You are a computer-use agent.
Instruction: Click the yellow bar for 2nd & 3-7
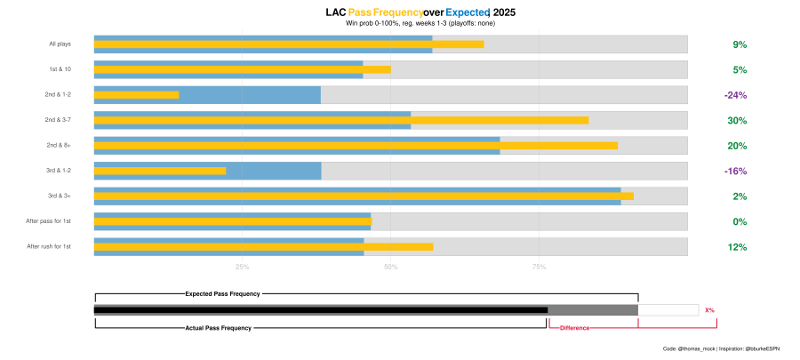340,120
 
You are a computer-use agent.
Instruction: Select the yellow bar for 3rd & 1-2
160,171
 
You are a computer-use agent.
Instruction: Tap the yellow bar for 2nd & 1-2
136,95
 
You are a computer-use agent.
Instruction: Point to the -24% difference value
735,95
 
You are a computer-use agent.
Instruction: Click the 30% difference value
737,121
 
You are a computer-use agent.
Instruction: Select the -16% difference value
735,172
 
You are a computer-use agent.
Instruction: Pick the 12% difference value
737,248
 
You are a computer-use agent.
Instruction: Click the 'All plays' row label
60,44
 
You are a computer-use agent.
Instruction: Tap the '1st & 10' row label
60,69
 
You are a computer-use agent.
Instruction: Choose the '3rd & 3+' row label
60,196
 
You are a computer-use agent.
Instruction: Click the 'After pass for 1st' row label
49,221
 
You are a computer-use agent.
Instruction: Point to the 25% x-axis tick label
242,267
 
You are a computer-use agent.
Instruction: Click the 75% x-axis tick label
539,267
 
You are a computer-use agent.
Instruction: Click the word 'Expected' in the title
468,13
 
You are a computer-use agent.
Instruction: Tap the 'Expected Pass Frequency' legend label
222,293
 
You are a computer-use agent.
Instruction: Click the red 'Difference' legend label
574,329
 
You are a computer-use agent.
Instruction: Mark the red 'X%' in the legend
709,310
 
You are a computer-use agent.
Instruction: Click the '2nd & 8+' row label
60,146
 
